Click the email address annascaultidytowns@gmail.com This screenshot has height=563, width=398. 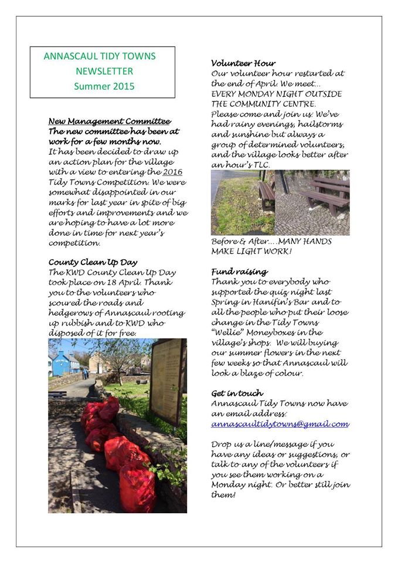(x=280, y=424)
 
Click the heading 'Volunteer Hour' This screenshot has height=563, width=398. (x=243, y=63)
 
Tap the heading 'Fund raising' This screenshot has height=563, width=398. (x=239, y=272)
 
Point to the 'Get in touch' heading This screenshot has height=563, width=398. (x=237, y=393)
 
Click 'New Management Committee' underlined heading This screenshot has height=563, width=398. (x=110, y=121)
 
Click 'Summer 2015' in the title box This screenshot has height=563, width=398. (x=104, y=86)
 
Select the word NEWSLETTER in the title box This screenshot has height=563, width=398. (x=104, y=71)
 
